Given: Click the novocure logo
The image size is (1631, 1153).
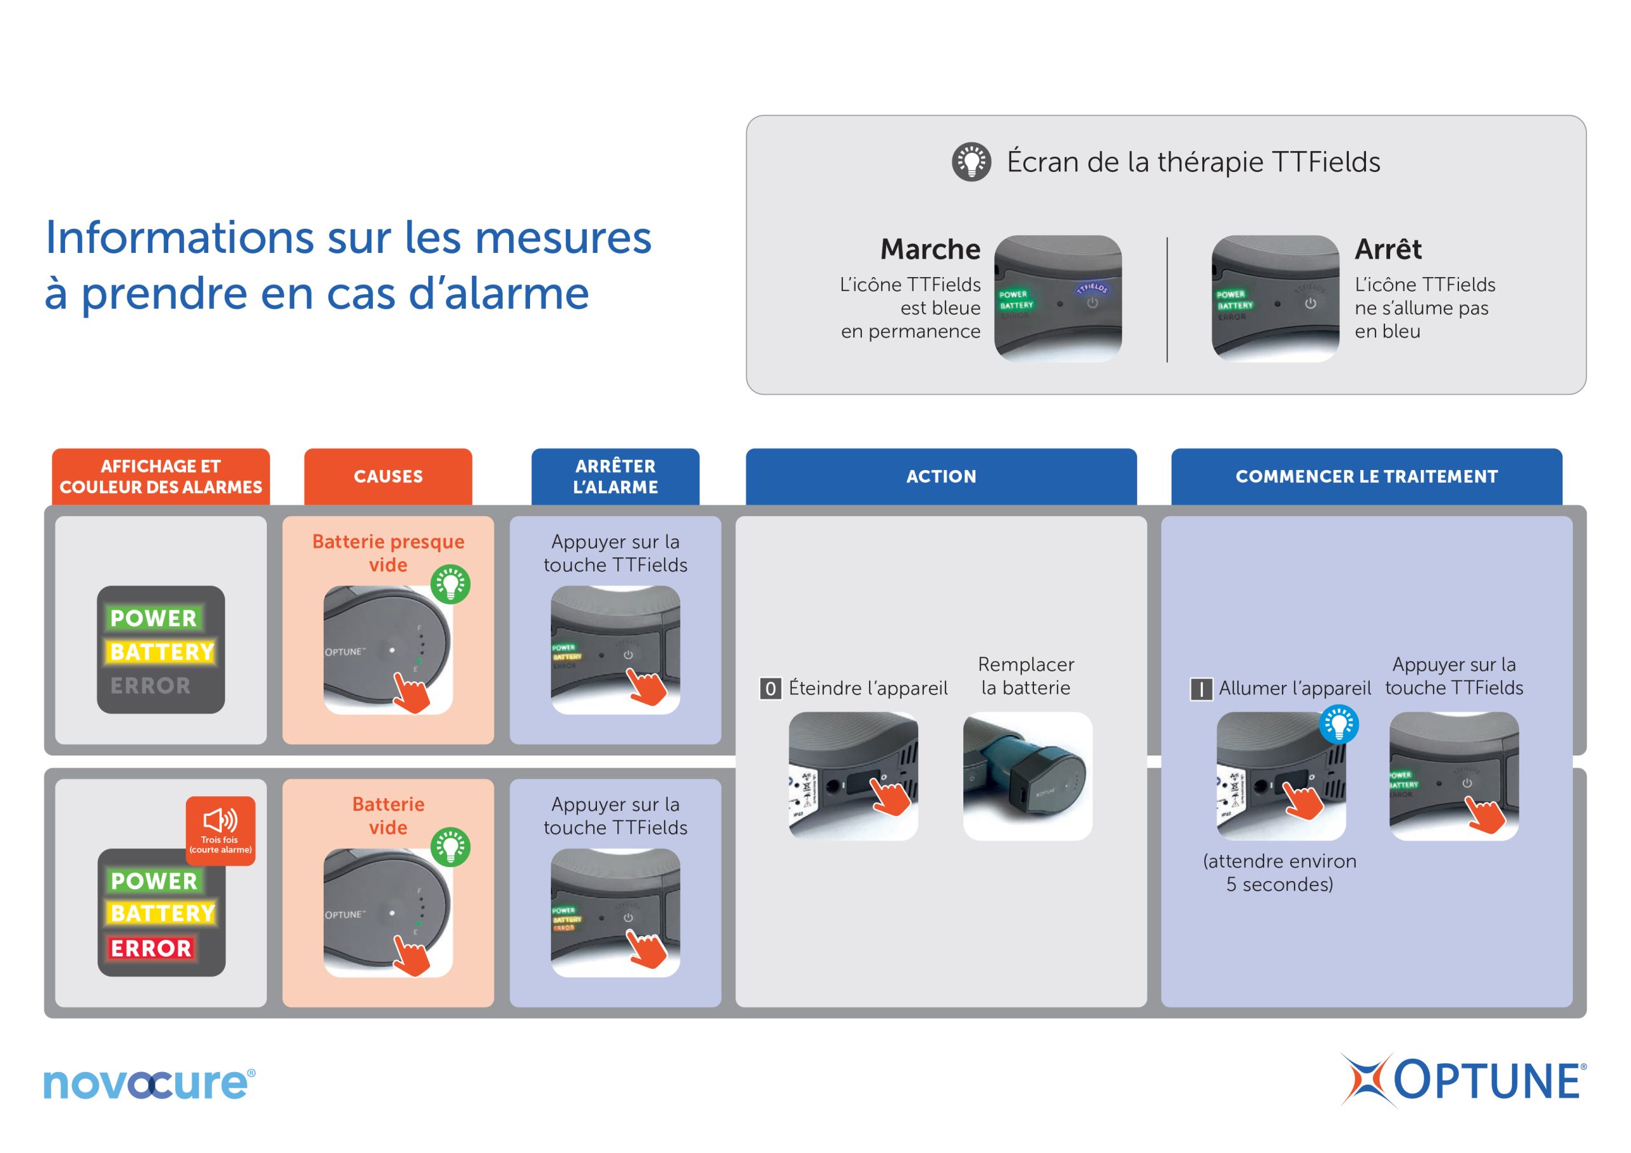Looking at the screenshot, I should [x=149, y=1083].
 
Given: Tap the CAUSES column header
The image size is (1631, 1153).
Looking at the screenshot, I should [x=388, y=476].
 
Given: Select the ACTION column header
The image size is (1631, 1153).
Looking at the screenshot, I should [x=940, y=476].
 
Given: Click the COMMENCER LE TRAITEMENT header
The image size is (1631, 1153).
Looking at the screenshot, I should [x=1366, y=476].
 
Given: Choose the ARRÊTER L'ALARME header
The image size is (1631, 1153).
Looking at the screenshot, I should [x=615, y=476].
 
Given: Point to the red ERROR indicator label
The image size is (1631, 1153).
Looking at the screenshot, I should [x=151, y=948].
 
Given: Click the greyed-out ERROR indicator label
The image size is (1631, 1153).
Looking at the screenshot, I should [x=150, y=685].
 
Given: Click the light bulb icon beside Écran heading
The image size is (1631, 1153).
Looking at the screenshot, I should [x=971, y=162].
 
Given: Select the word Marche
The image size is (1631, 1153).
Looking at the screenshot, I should [x=930, y=249].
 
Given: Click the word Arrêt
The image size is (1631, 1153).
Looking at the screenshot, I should [x=1388, y=249].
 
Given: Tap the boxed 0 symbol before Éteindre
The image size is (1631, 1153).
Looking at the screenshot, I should [x=770, y=689].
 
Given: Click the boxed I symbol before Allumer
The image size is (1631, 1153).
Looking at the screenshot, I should [x=1201, y=689].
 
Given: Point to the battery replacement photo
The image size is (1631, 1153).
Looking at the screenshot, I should [x=1027, y=777].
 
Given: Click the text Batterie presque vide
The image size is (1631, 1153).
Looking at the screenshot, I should [x=388, y=553].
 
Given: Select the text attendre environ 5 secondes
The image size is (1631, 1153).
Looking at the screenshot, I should [x=1279, y=872].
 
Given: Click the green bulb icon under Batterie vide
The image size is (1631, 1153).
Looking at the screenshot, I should [x=450, y=847].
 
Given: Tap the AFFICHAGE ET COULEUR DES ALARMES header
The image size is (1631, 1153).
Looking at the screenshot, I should [x=161, y=476].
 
